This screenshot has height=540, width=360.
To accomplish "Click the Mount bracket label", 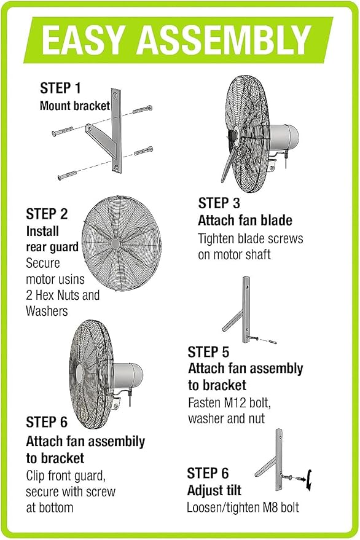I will coord(75,106).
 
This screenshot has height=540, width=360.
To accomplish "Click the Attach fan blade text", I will coord(245,221).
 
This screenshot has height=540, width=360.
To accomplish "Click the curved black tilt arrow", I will coord(311,479).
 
